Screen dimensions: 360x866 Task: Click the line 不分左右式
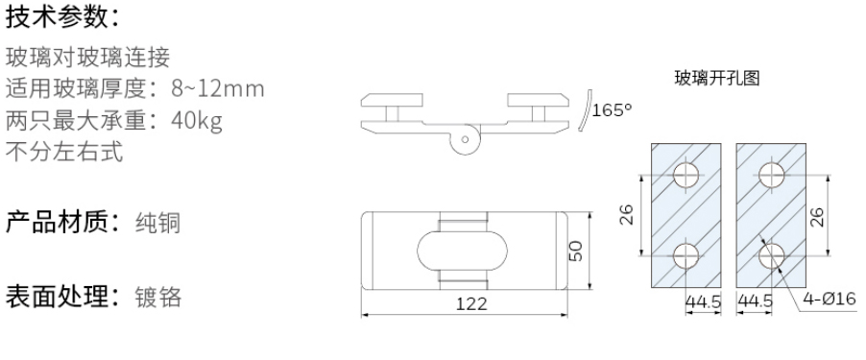click(x=64, y=152)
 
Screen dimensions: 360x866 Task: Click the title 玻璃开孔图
click(x=717, y=79)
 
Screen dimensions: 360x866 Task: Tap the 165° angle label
click(x=612, y=109)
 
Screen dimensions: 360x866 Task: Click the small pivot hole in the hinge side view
click(x=466, y=139)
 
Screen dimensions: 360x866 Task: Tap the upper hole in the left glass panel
click(x=686, y=175)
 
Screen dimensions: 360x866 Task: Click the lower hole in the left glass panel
click(x=686, y=255)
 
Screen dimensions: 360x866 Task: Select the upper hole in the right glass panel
click(x=773, y=175)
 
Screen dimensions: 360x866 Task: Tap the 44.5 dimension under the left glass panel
click(x=702, y=300)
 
